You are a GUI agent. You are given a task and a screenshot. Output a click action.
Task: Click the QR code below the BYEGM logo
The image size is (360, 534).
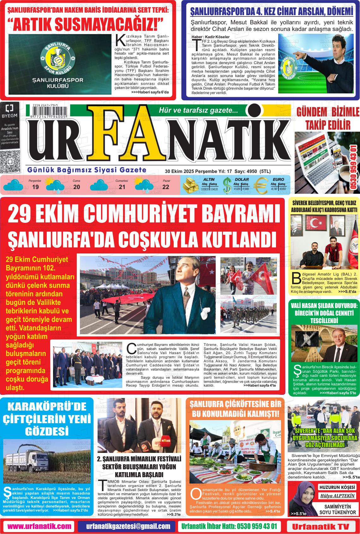(9, 162)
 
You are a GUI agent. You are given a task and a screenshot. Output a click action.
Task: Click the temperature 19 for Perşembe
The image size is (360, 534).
(35, 187)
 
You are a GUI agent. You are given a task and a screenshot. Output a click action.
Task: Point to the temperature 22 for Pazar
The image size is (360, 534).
(166, 187)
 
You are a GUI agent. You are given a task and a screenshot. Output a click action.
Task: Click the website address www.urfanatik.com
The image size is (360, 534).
(39, 526)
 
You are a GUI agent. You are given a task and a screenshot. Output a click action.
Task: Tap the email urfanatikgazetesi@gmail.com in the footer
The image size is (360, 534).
(128, 526)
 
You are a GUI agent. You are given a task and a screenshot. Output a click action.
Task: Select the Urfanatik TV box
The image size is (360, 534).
(321, 526)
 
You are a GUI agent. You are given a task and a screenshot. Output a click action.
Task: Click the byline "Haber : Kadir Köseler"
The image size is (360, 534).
(206, 37)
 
